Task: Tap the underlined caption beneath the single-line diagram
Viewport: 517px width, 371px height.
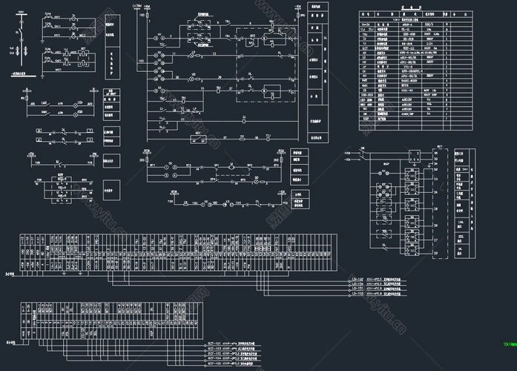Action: click(x=21, y=76)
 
